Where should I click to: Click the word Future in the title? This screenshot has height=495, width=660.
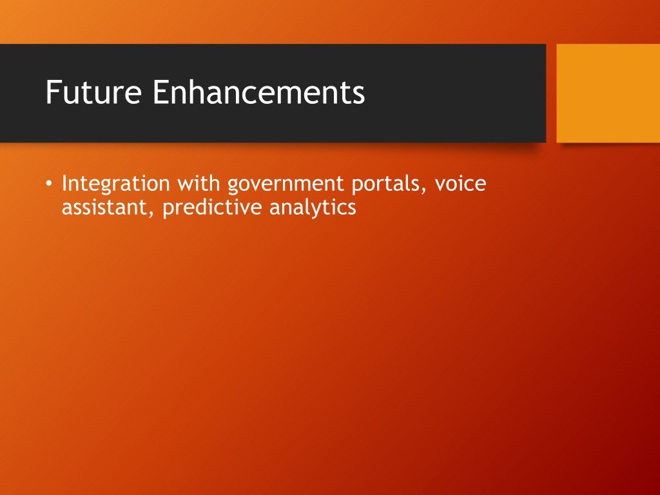[93, 92]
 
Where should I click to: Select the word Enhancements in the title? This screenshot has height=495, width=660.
[258, 92]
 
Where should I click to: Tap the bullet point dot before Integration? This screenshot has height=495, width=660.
[49, 184]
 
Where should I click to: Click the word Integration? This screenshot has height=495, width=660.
[116, 184]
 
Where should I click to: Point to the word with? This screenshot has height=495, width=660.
[199, 183]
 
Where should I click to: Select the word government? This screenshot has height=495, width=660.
[286, 185]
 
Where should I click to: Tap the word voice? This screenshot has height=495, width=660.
[460, 184]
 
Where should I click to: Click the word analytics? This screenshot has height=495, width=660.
[313, 208]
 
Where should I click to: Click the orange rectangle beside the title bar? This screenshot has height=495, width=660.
[608, 93]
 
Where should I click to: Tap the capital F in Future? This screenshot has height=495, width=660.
[52, 92]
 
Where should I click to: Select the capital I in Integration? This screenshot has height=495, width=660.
[65, 183]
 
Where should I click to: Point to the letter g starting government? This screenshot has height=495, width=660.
[233, 188]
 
